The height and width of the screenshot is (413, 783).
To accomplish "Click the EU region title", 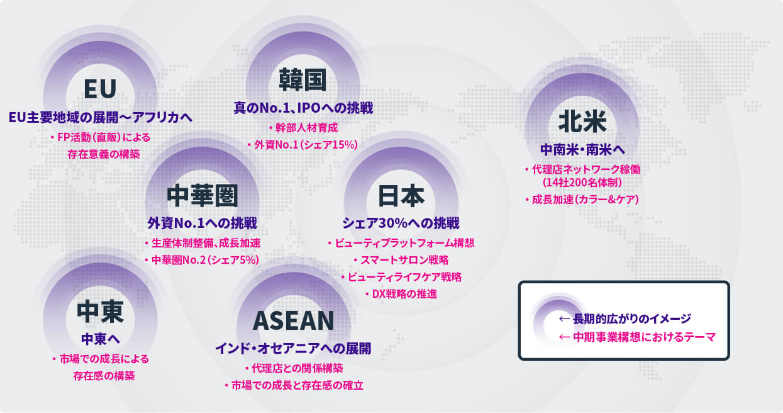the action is click(100, 89).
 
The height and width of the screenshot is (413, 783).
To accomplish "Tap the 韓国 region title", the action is click(303, 80).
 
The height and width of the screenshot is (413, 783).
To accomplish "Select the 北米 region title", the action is click(582, 122).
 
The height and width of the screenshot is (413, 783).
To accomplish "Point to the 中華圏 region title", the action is click(203, 196).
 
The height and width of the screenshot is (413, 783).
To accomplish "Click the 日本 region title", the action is click(401, 196).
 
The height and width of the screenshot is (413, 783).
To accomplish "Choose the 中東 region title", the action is click(101, 312).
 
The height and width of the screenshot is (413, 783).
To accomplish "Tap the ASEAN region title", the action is click(293, 320).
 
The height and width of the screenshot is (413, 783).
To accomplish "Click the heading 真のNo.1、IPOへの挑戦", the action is click(303, 108).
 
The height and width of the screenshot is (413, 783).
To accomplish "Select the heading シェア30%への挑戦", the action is click(401, 223).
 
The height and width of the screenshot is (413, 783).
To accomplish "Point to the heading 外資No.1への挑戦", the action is click(203, 223).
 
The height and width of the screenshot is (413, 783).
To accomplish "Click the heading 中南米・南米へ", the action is click(582, 150).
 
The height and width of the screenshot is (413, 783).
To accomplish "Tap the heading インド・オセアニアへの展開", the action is click(293, 348).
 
